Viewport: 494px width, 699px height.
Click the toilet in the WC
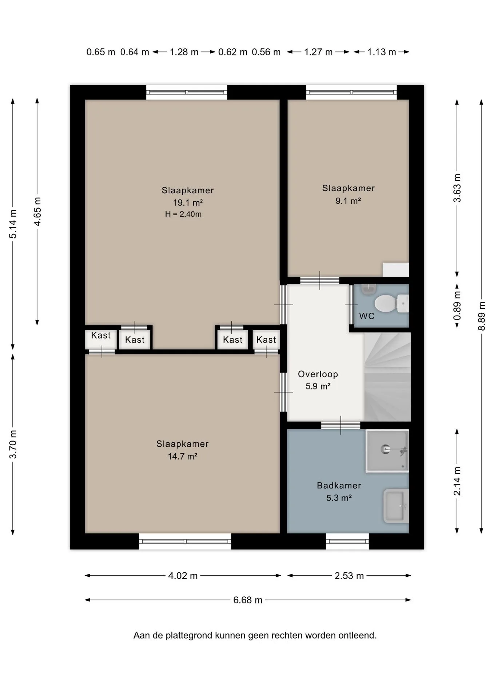(x=391, y=304)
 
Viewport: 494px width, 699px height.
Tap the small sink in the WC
(x=368, y=289)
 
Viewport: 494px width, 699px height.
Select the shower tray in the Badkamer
(x=387, y=451)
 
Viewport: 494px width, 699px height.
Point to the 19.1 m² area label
(x=188, y=202)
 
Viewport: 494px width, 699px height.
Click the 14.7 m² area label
(x=182, y=456)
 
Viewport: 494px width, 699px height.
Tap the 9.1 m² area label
(x=348, y=201)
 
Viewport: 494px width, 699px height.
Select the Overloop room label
(x=318, y=374)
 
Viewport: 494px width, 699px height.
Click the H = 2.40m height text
(x=183, y=214)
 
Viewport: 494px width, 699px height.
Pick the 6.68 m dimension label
(x=248, y=600)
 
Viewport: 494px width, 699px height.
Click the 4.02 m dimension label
(x=183, y=576)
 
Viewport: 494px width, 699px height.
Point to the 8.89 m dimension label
(x=482, y=316)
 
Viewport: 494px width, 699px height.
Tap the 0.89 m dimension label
(x=457, y=306)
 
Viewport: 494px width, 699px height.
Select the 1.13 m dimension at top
(x=382, y=52)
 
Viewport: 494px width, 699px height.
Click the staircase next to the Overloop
(x=387, y=376)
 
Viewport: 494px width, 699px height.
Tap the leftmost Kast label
(x=101, y=335)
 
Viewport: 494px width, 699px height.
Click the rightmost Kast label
(x=266, y=340)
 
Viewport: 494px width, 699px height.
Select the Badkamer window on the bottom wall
(x=347, y=541)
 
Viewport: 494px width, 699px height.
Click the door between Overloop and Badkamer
(x=341, y=425)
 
